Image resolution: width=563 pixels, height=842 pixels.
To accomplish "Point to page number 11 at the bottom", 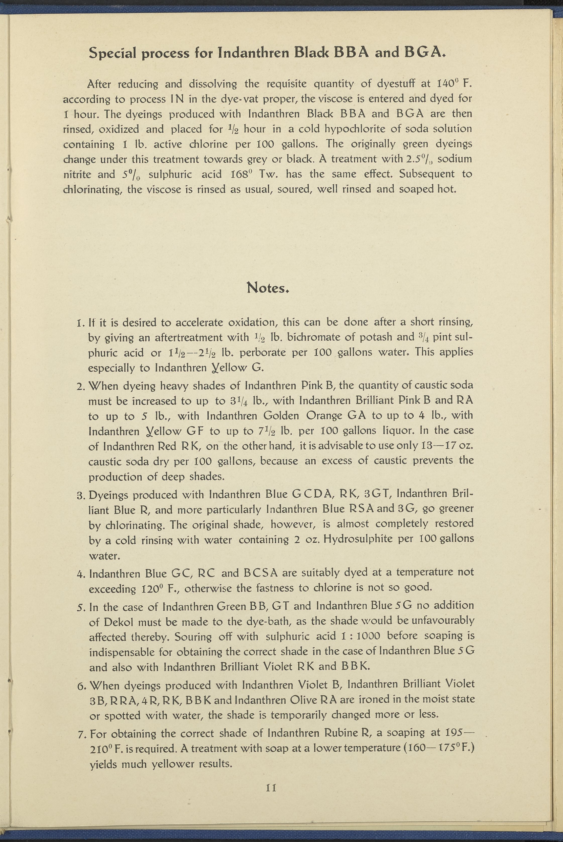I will (271, 788).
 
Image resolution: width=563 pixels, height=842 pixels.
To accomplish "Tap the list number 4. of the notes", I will (81, 574).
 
